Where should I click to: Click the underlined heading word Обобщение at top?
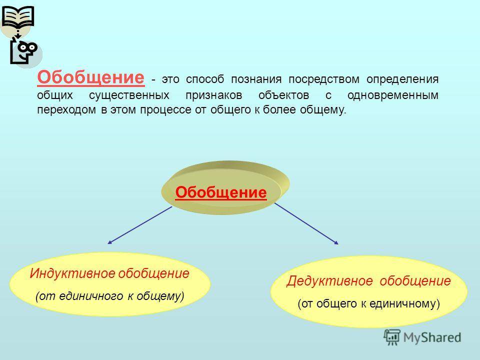[90, 77]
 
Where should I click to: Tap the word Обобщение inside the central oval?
[221, 192]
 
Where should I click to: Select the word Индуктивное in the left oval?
[72, 273]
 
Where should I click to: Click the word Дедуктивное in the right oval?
[329, 281]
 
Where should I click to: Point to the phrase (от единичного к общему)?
[110, 296]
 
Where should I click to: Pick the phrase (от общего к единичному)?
[368, 303]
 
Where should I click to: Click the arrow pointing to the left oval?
[140, 225]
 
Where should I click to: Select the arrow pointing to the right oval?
[306, 223]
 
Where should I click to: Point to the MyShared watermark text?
[432, 337]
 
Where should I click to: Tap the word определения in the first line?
[402, 79]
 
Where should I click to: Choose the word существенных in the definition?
[129, 95]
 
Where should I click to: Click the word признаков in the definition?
[214, 95]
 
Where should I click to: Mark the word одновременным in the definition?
[393, 95]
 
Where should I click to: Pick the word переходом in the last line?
[66, 110]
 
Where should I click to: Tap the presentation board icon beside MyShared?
[392, 337]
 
